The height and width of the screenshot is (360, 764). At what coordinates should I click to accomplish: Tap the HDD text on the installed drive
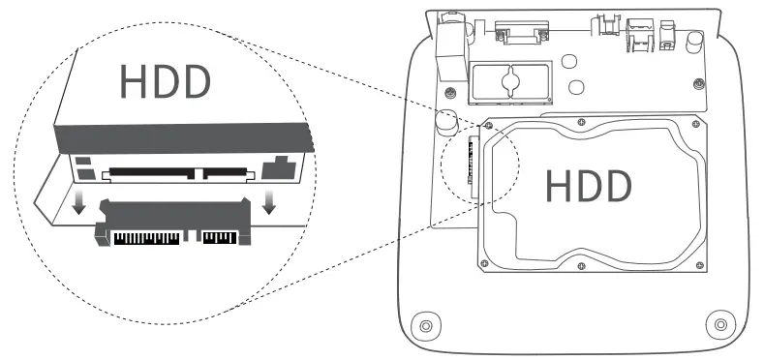pos(587,185)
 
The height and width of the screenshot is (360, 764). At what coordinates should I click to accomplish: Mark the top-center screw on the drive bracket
pos(579,123)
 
